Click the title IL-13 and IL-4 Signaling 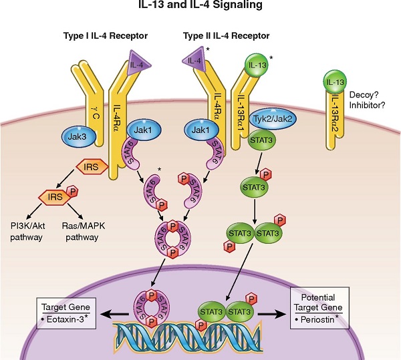pyautogui.click(x=200, y=7)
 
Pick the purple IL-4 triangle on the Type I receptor pyautogui.click(x=139, y=64)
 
